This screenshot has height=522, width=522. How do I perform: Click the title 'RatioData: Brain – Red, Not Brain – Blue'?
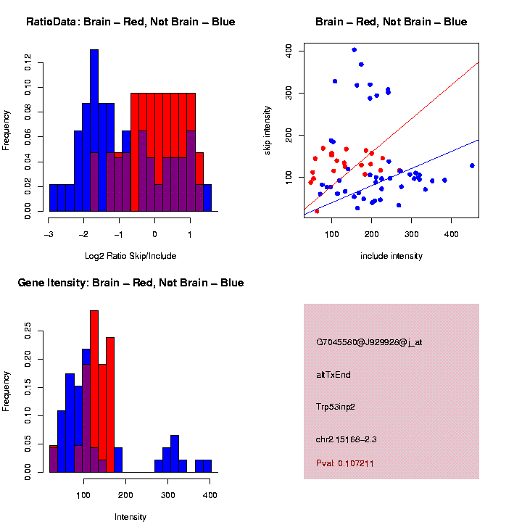click(130, 22)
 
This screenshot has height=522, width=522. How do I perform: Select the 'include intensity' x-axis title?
click(391, 256)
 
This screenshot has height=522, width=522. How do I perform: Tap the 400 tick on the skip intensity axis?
click(289, 50)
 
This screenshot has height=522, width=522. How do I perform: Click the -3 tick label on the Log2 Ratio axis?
click(48, 235)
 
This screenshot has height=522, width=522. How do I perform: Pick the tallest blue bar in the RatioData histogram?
click(94, 130)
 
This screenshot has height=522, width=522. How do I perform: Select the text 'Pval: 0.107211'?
click(345, 463)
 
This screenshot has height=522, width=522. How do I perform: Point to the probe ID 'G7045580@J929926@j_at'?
click(369, 342)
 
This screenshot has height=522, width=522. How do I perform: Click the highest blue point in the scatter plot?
click(354, 50)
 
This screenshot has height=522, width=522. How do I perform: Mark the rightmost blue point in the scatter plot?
click(472, 165)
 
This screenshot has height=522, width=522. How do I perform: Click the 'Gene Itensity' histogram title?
click(130, 283)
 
